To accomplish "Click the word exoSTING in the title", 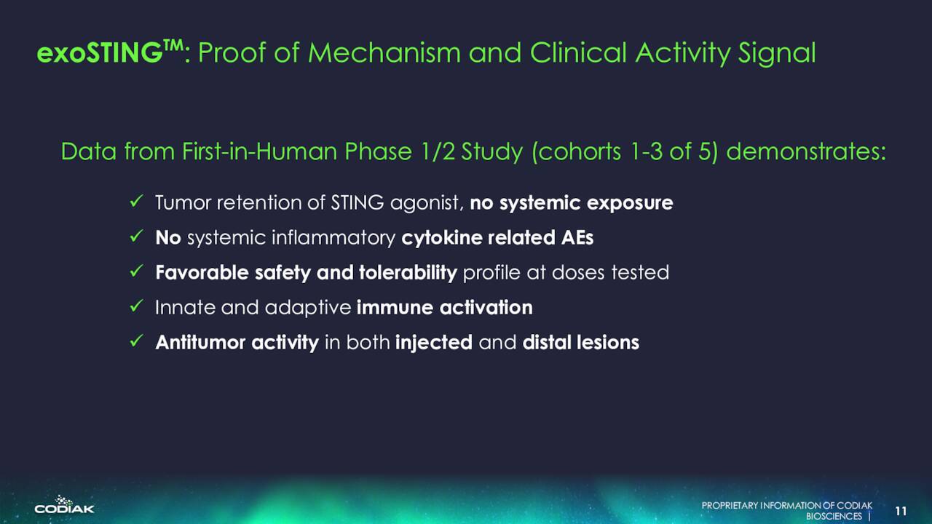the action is click(99, 53).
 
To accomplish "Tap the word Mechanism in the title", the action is click(384, 53).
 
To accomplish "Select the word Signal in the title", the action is click(777, 54).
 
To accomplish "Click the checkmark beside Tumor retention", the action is click(136, 202).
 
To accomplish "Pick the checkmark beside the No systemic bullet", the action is click(136, 237).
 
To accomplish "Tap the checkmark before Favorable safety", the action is click(136, 271).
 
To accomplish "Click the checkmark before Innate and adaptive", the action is click(136, 306).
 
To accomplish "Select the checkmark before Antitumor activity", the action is click(136, 341).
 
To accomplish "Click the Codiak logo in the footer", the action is click(65, 504).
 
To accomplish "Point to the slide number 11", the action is click(901, 511).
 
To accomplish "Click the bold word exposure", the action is click(630, 204).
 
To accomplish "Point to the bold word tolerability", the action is click(408, 273).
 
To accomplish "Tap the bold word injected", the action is click(434, 343).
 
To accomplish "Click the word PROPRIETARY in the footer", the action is click(730, 506).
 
